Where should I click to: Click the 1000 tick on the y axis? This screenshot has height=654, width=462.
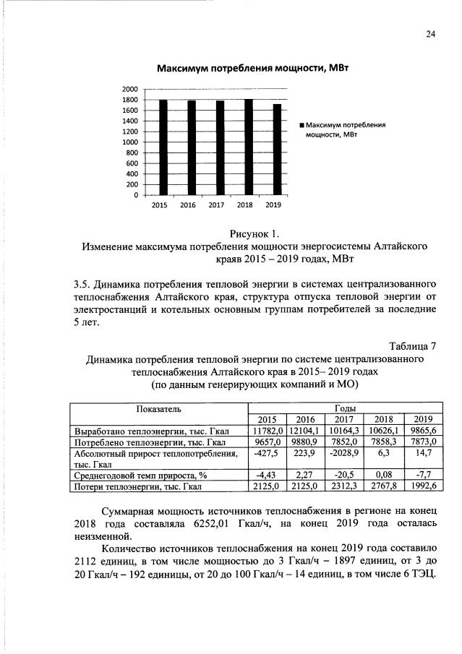tap(131, 142)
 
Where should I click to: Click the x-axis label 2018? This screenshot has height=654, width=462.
tap(244, 205)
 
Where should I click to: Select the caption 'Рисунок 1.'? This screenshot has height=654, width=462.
tap(254, 233)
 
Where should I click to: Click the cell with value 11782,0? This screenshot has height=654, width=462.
tap(268, 431)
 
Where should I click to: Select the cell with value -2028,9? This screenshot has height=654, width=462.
tap(343, 453)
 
